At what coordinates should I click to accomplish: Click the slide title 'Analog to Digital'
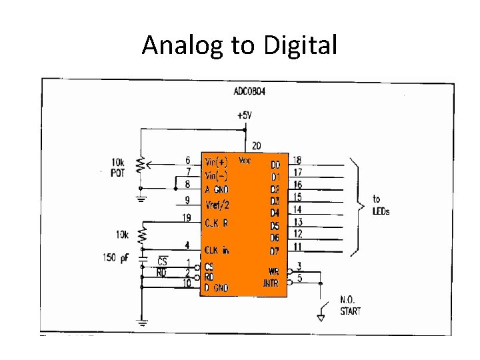[x=239, y=46]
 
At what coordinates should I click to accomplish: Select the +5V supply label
[x=245, y=115]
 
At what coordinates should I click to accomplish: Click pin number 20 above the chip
[x=257, y=146]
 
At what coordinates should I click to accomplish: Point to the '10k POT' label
[x=117, y=167]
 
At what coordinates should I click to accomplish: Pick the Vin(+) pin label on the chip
[x=217, y=161]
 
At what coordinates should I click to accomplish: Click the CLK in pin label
[x=217, y=250]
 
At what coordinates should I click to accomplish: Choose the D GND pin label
[x=217, y=287]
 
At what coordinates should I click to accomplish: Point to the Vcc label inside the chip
[x=245, y=161]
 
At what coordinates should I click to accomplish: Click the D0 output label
[x=275, y=165]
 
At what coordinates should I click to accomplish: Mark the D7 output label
[x=275, y=251]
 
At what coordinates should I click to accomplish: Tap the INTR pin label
[x=271, y=283]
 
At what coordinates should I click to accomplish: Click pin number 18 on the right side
[x=297, y=160]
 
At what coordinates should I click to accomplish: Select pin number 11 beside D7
[x=297, y=247]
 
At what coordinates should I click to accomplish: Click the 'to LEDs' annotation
[x=381, y=205]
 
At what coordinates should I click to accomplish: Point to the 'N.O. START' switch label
[x=351, y=306]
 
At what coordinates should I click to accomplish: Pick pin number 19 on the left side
[x=188, y=217]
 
